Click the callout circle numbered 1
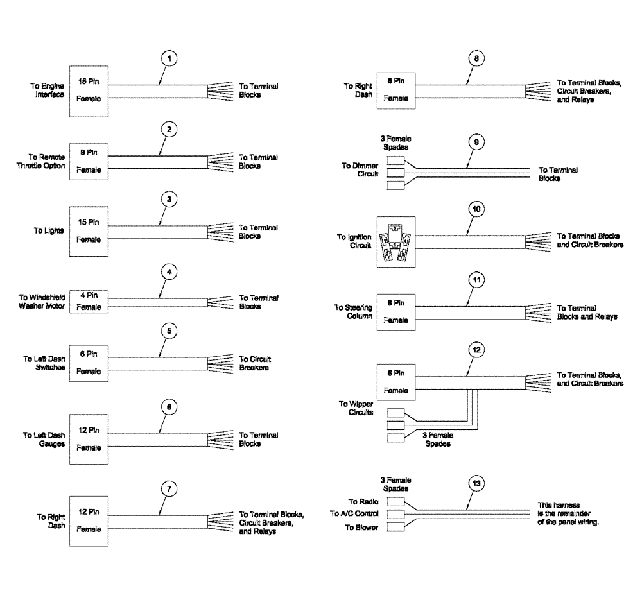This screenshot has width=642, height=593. [x=168, y=58]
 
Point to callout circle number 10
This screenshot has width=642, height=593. [x=475, y=209]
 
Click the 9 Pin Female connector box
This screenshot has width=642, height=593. [x=89, y=161]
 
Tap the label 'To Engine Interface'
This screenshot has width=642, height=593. [x=49, y=89]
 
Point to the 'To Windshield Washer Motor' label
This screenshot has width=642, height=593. [x=40, y=301]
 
